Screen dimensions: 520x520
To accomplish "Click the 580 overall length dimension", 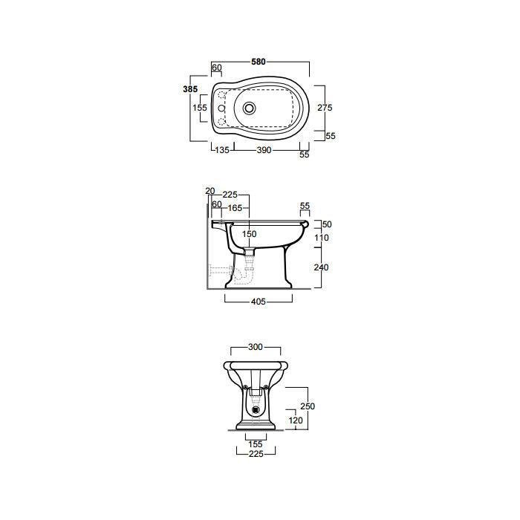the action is pos(259,62).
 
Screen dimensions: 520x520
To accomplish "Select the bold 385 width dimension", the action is pos(190,89).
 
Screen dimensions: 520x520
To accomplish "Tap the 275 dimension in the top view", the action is pos(325,108).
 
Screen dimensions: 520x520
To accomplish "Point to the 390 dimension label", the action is pos(264,150).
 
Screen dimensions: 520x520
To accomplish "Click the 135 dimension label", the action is pos(222,150).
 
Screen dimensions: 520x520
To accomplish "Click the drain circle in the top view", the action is pos(250,108).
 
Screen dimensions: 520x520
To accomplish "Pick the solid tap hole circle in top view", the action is pos(221,108).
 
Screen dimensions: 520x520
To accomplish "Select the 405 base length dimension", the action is pos(259,301).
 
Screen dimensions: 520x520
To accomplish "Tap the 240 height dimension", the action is pos(321,267).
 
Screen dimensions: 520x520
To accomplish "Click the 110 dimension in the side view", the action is pos(322,238).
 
